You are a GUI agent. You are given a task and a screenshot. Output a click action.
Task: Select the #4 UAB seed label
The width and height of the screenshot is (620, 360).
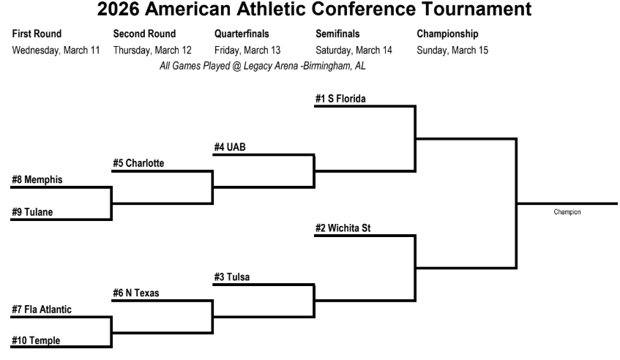pos(229,147)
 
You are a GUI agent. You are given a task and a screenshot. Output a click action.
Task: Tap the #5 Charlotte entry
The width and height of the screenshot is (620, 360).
pos(138,163)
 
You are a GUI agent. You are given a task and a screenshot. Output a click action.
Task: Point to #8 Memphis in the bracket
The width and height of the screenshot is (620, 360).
pos(37,179)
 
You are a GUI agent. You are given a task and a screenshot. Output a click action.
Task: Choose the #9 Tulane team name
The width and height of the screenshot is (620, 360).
pos(33,212)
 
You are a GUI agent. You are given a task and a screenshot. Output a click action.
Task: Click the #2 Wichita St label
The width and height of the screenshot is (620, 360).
pos(343,228)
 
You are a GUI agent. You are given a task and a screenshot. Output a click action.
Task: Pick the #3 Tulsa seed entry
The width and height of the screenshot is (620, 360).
pos(234,277)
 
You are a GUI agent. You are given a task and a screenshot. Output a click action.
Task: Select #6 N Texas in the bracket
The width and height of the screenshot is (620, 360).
pos(135,293)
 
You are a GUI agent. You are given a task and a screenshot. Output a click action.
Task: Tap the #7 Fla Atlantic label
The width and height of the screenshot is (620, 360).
pos(42,310)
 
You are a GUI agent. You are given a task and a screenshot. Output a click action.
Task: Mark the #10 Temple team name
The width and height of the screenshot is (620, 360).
pos(36,341)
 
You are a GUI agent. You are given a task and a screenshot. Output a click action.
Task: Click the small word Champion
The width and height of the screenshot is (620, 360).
pos(567,212)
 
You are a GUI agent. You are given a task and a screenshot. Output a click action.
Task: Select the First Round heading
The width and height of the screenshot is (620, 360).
pos(37,34)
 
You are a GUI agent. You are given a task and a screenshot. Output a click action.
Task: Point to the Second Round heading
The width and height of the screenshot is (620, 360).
pos(144,34)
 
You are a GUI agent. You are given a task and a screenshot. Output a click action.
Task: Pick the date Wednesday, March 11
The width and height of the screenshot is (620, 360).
pos(56,50)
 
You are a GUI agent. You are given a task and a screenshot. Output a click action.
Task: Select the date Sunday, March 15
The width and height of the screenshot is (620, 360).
pos(452,50)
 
